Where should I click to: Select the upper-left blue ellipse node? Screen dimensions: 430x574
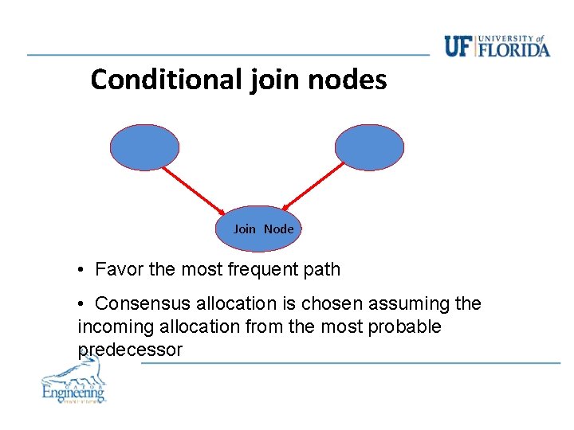[145, 147]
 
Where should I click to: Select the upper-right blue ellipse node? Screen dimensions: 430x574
[369, 147]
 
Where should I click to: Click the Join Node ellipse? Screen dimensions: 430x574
[260, 229]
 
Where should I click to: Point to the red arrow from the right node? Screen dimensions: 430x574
[314, 189]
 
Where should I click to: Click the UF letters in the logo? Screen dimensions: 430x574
[458, 46]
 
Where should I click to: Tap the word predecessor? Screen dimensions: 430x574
[130, 350]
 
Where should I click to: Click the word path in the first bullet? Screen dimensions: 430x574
[322, 270]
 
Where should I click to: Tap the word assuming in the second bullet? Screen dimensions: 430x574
[415, 304]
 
